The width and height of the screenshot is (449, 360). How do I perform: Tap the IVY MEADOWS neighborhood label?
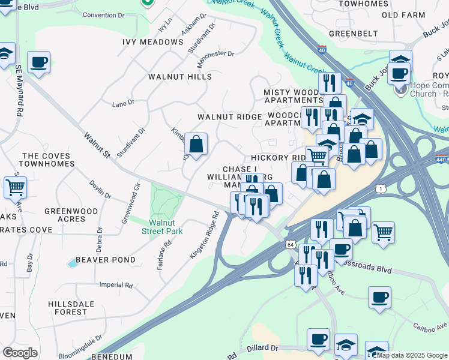click(x=152, y=42)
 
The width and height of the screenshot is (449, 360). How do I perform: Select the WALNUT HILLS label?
click(x=180, y=77)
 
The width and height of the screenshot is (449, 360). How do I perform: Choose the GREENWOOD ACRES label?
click(x=71, y=215)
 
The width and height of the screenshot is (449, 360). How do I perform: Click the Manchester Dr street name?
click(x=215, y=54)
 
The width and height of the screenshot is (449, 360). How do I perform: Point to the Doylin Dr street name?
click(x=100, y=189)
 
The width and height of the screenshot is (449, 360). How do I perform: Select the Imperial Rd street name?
click(x=112, y=285)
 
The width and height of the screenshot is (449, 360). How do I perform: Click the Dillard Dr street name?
click(x=263, y=348)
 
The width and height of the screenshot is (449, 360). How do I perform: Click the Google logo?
click(x=20, y=353)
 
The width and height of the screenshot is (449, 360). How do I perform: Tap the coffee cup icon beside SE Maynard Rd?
click(x=38, y=62)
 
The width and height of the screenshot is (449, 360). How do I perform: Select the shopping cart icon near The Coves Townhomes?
click(x=15, y=187)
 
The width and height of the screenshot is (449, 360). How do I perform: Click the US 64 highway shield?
click(x=291, y=245)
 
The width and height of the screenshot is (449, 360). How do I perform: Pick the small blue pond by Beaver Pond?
click(x=73, y=263)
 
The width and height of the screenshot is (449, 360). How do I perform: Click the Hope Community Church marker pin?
click(x=400, y=91)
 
